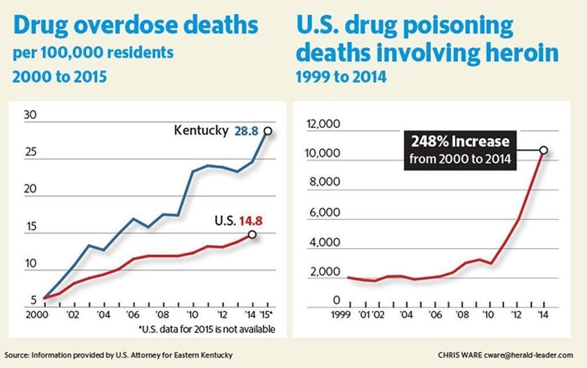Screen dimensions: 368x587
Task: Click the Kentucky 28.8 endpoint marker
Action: pyautogui.click(x=268, y=131)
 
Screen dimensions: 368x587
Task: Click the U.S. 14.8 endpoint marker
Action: pyautogui.click(x=252, y=234)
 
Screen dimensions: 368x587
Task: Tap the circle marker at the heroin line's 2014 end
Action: pyautogui.click(x=543, y=150)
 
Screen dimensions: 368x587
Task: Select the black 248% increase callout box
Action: pyautogui.click(x=460, y=150)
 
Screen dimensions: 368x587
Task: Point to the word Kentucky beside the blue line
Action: pyautogui.click(x=201, y=130)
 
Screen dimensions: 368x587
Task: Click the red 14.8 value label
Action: pyautogui.click(x=251, y=221)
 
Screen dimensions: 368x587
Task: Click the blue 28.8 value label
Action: pyautogui.click(x=246, y=131)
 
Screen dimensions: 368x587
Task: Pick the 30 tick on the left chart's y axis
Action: pyautogui.click(x=30, y=115)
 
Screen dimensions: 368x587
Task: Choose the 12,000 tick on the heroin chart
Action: pyautogui.click(x=323, y=124)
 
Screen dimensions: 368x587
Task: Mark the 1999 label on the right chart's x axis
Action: pyautogui.click(x=341, y=314)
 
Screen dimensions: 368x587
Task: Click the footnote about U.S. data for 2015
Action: pyautogui.click(x=206, y=329)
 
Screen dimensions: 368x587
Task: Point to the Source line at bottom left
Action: pyautogui.click(x=119, y=355)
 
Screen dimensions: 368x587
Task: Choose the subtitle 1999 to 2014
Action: pyautogui.click(x=341, y=77)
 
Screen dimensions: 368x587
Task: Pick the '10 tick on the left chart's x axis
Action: pyautogui.click(x=192, y=315)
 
